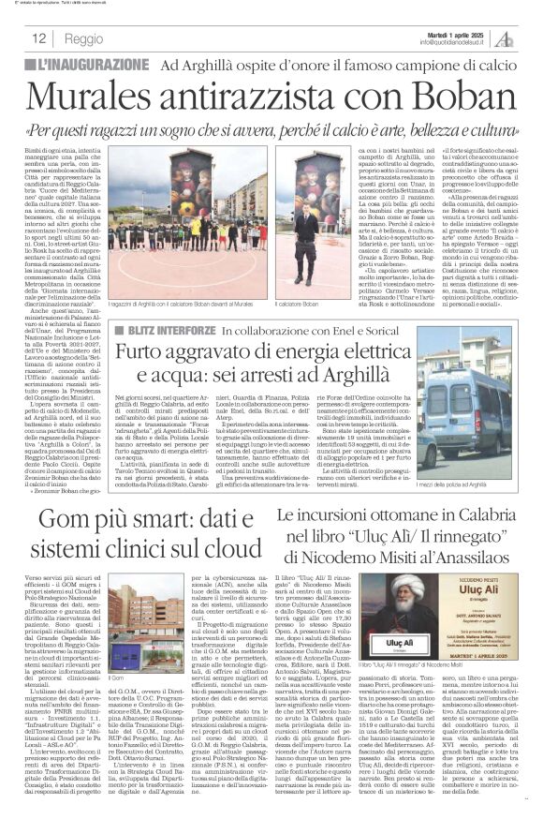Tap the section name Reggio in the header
[83, 38]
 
